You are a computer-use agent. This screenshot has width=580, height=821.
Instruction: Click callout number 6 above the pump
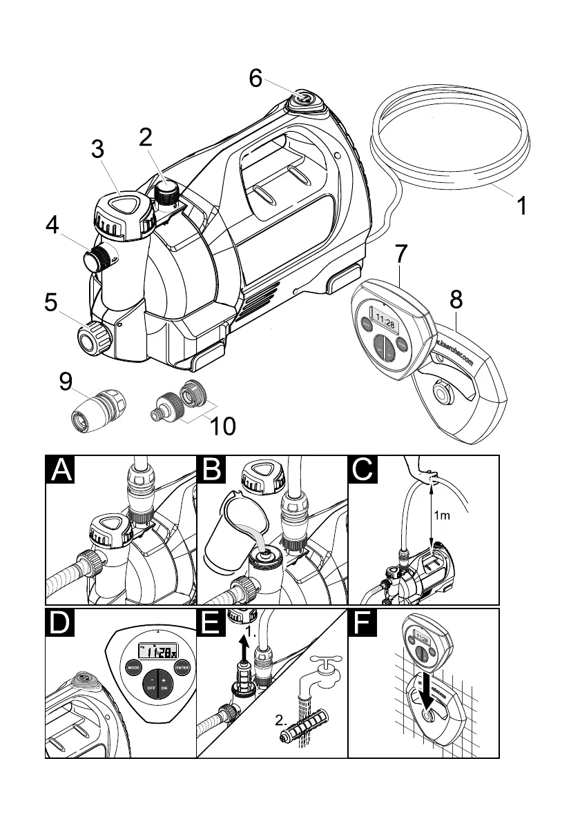click(x=256, y=79)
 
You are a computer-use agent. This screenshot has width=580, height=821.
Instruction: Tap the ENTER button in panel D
click(x=183, y=667)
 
